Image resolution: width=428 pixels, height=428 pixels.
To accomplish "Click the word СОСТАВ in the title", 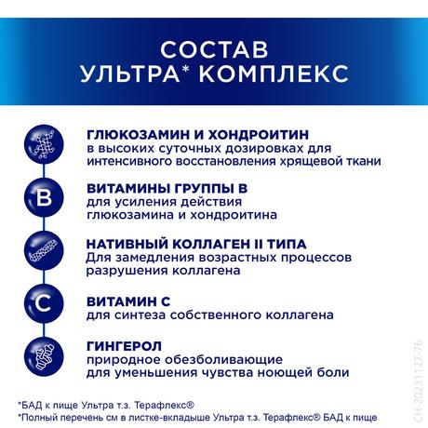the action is click(213, 47).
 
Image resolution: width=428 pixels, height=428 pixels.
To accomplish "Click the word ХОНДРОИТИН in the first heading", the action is click(257, 134).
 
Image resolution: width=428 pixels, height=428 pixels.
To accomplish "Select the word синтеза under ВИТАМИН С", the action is click(138, 315).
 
